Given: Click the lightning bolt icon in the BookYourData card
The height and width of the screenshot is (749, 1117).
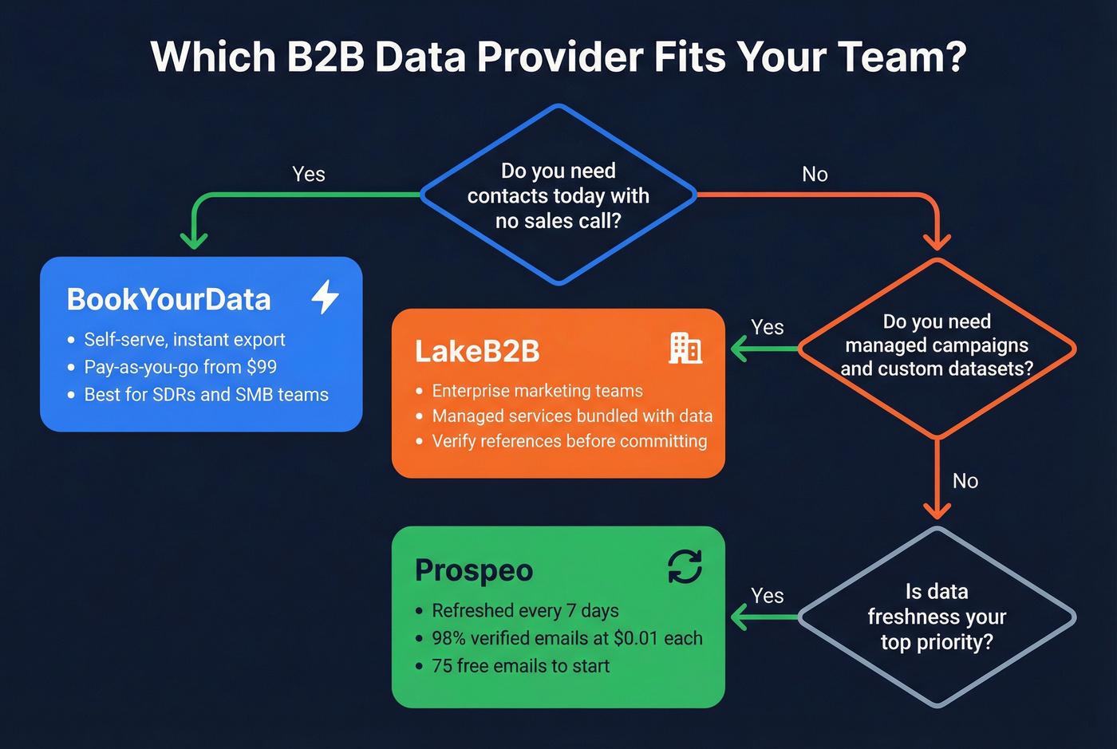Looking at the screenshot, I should (325, 297).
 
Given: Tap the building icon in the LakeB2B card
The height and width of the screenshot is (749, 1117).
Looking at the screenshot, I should (685, 349).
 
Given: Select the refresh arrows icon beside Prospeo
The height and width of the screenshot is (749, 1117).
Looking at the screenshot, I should (685, 567).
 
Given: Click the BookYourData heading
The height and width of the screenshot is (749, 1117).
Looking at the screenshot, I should (169, 300).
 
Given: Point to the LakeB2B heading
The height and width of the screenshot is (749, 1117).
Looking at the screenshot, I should (477, 351).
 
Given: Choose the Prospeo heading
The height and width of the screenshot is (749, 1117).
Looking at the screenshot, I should (474, 570).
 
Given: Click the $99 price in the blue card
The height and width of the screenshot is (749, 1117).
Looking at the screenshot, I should (262, 367).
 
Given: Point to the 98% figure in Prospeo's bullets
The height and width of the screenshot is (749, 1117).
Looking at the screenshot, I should (448, 638).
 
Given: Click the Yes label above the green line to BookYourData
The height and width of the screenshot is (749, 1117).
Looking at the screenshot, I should (309, 174).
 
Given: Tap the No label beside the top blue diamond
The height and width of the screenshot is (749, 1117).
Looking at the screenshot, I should (815, 174).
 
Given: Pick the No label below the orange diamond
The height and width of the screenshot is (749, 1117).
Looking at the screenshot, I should (965, 481).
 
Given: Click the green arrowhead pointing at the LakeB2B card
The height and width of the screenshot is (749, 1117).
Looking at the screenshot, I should (738, 349).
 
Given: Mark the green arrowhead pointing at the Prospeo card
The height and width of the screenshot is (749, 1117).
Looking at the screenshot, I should (738, 617).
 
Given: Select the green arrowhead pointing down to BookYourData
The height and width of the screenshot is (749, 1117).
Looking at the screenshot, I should (194, 239).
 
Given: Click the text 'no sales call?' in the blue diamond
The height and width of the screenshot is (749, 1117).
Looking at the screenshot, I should (558, 221).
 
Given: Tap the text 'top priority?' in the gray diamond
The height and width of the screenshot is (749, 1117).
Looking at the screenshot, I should (937, 642).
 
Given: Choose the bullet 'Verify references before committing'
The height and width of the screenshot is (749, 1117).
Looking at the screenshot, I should (569, 441).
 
